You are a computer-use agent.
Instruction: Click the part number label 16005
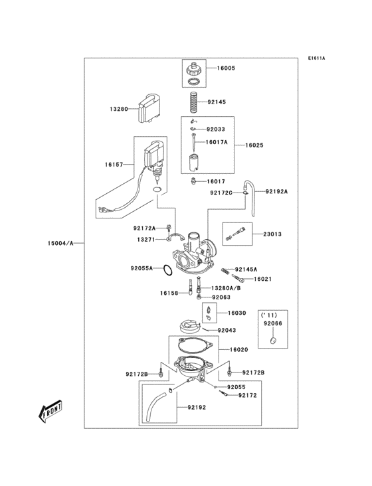[x=225, y=68]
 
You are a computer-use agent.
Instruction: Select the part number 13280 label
[x=120, y=109]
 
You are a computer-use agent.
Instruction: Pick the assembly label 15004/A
[x=61, y=244]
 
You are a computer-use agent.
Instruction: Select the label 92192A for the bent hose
[x=278, y=191]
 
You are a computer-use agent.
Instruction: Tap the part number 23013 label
[x=272, y=234]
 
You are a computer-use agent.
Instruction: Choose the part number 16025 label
[x=254, y=145]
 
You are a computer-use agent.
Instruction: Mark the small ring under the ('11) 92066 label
[x=272, y=341]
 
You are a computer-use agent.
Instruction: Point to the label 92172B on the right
[x=253, y=372]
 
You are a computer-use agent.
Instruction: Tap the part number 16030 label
[x=236, y=313]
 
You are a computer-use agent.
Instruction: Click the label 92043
[x=227, y=330]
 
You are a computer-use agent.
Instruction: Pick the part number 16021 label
[x=264, y=279]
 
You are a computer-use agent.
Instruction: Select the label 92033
[x=216, y=129]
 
